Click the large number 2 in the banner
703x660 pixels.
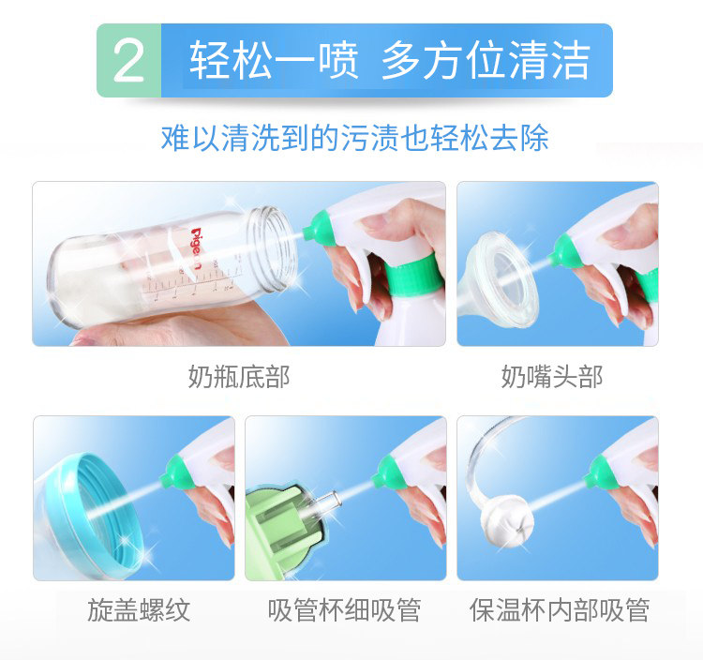coord(128,61)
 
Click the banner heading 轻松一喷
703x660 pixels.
coord(274,60)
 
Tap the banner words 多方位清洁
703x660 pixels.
coord(486,60)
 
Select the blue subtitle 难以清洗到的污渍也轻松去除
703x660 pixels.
coord(354,137)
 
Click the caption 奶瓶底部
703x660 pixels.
coord(239,377)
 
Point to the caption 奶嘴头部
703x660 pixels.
coord(552,377)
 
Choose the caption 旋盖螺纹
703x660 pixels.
coord(139,609)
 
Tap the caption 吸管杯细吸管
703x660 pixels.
coord(344,609)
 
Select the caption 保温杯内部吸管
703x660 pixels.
coord(559,609)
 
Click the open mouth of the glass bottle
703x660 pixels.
coord(273,249)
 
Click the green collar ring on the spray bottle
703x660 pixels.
coord(411,275)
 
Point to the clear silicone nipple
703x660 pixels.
coord(498,279)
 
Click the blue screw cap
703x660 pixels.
coord(97,516)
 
